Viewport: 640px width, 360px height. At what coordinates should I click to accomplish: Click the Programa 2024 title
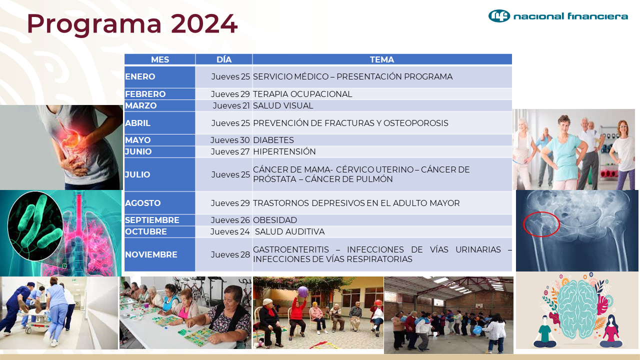132,24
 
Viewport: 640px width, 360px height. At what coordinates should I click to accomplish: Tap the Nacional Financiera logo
558,16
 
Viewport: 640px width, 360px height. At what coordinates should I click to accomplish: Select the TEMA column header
382,59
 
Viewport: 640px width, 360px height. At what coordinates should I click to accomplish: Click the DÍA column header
224,59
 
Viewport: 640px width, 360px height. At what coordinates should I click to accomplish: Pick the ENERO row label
140,77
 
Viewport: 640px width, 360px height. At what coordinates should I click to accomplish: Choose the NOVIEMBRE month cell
151,254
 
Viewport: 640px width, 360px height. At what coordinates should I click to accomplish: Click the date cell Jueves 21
231,105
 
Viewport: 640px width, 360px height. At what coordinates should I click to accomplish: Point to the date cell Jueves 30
230,140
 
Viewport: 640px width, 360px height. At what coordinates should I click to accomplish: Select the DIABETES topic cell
273,140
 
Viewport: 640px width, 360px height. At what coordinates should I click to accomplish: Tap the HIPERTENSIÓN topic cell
284,151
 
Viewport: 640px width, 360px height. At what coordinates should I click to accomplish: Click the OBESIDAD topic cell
275,220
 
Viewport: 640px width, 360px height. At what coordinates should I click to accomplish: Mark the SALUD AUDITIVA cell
289,231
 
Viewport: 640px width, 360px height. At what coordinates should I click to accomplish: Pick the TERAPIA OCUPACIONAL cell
302,94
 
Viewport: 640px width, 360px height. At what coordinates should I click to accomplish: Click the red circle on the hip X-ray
541,223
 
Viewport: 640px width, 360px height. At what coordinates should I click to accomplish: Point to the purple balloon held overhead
303,291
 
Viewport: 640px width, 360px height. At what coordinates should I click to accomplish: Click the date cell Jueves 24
230,231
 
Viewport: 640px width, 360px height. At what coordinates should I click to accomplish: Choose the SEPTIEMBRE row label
152,220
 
